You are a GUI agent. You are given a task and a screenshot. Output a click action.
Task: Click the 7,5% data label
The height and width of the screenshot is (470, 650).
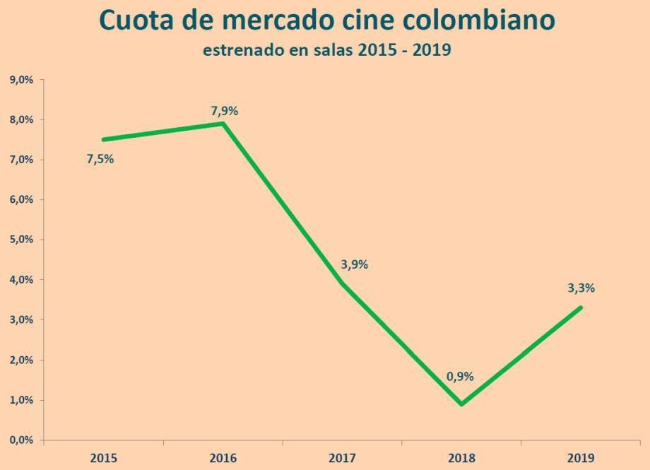(100, 159)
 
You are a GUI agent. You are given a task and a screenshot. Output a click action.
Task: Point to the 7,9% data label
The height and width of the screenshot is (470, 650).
(225, 111)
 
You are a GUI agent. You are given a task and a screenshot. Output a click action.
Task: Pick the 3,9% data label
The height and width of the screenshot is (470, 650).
(354, 265)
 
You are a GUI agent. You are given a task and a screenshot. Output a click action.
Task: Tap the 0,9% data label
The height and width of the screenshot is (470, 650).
(460, 377)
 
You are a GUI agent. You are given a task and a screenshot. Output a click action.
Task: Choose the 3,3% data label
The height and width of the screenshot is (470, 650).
(581, 288)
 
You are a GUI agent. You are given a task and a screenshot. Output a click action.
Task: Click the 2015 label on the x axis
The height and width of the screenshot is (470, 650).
(103, 457)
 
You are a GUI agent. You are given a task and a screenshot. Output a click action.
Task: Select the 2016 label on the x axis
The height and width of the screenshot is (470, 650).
(223, 457)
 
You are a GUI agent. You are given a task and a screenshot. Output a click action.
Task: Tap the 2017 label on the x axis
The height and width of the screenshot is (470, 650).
(343, 457)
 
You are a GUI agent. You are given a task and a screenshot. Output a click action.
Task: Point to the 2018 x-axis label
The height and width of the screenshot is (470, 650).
(462, 457)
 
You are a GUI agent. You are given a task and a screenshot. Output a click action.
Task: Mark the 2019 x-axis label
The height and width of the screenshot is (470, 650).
(581, 457)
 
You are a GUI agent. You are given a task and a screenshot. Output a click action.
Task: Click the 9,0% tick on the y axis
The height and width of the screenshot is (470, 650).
(21, 80)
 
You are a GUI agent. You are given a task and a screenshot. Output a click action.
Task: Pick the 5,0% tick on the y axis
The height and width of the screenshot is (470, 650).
(21, 240)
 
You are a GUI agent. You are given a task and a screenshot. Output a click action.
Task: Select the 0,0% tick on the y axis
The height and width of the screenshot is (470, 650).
(21, 440)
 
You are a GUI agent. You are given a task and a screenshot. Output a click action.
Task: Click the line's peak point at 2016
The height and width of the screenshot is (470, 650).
(223, 124)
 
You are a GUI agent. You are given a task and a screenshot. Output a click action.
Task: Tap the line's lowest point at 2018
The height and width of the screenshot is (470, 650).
(462, 404)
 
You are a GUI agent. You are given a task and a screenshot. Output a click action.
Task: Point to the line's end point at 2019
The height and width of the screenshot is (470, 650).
(581, 307)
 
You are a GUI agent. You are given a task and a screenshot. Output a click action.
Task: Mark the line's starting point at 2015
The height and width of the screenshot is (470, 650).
(103, 140)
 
